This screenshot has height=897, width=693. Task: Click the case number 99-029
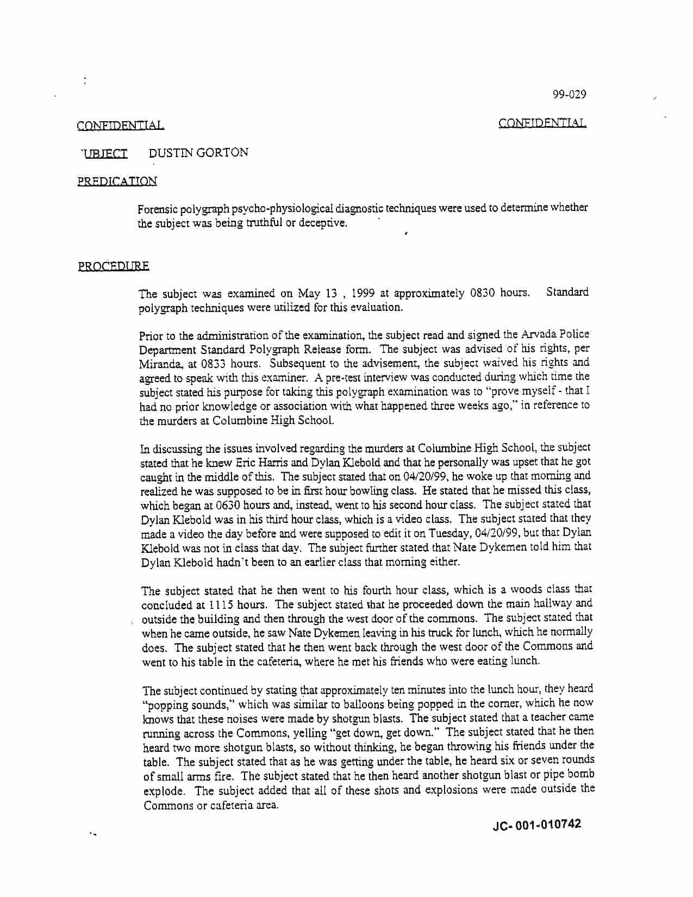569,95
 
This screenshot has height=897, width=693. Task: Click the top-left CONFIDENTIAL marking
120,126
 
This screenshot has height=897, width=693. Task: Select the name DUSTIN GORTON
198,153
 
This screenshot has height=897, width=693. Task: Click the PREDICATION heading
117,181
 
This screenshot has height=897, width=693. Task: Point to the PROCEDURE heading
113,266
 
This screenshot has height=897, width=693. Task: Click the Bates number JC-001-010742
536,825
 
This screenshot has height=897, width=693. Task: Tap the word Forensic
158,209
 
